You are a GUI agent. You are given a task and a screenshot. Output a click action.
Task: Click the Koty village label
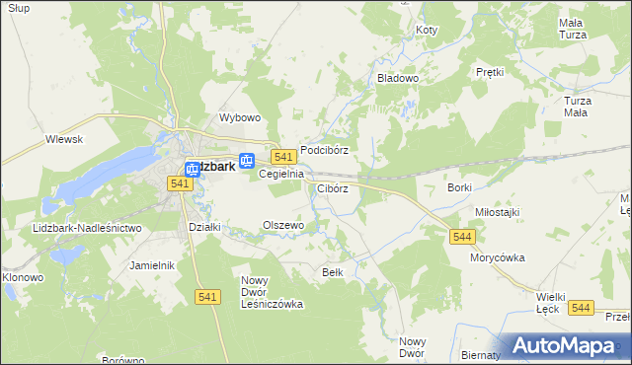click(427, 31)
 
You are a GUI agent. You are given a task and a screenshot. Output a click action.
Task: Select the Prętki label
click(490, 72)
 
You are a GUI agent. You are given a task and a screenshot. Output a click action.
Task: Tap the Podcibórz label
click(325, 150)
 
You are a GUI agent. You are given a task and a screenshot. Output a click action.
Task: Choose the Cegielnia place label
click(280, 174)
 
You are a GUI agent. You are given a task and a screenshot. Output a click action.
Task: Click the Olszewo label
click(282, 225)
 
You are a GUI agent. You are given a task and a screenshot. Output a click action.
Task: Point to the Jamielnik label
click(152, 265)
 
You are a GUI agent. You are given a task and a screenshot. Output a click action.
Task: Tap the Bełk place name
click(333, 271)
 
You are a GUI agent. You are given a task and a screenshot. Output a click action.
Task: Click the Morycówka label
click(497, 257)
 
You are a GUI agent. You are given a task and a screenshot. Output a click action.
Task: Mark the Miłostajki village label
click(497, 212)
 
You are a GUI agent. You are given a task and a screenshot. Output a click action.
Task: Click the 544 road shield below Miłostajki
click(462, 237)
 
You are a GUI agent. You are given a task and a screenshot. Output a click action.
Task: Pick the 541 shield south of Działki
click(206, 297)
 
